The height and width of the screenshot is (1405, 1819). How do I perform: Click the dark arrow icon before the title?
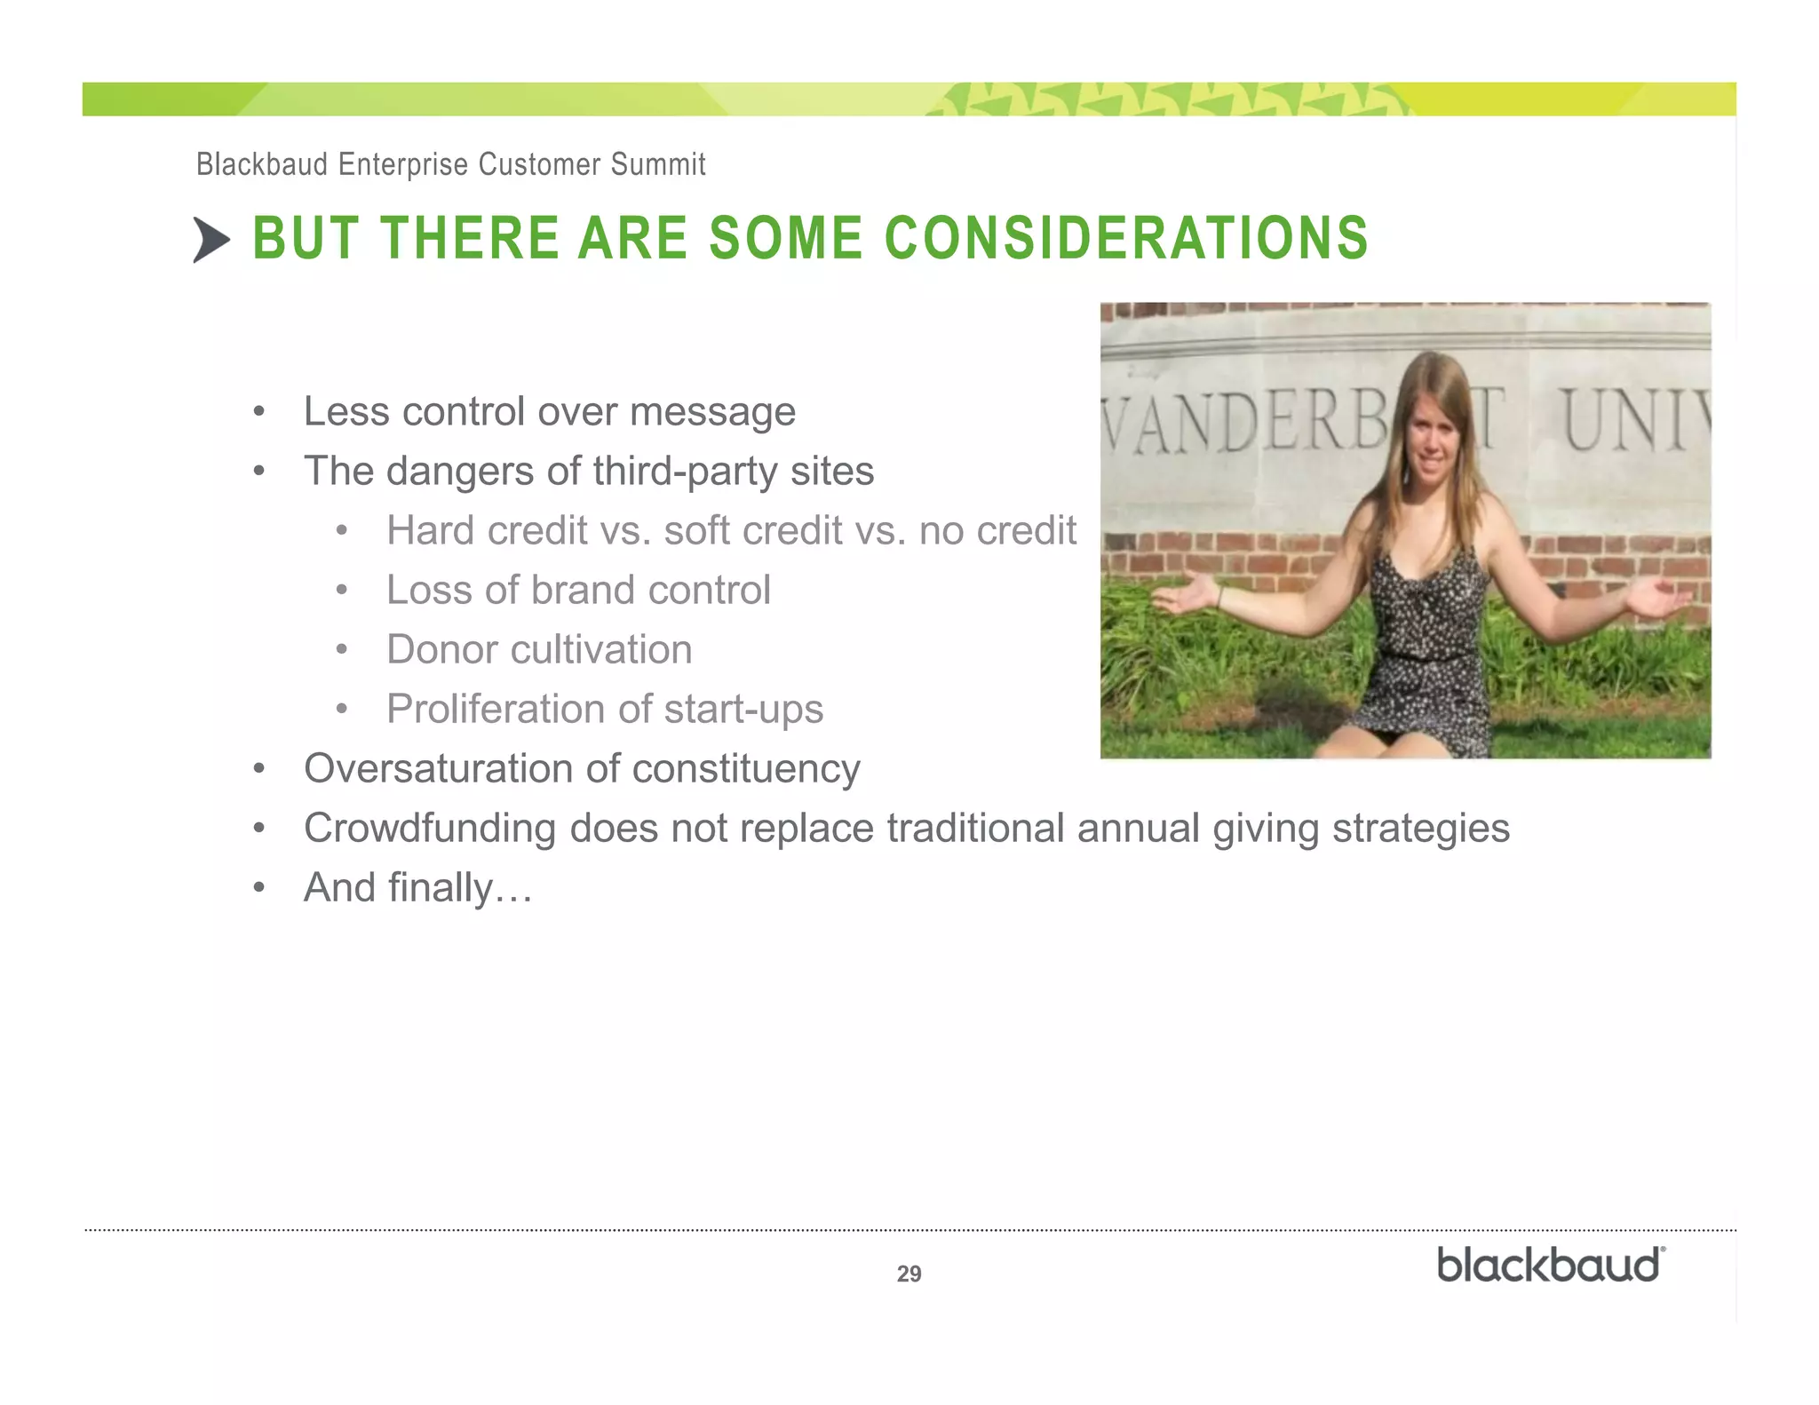pos(211,240)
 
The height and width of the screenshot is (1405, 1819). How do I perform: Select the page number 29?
pos(909,1274)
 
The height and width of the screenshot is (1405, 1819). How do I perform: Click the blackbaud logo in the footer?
pos(1551,1265)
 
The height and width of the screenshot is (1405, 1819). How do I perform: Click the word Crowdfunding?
pos(429,829)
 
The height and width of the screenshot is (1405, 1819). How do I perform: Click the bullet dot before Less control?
pos(258,412)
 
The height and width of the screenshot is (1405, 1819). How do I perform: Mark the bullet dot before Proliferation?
pos(341,710)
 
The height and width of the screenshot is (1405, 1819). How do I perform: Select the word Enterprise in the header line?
pos(402,164)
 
